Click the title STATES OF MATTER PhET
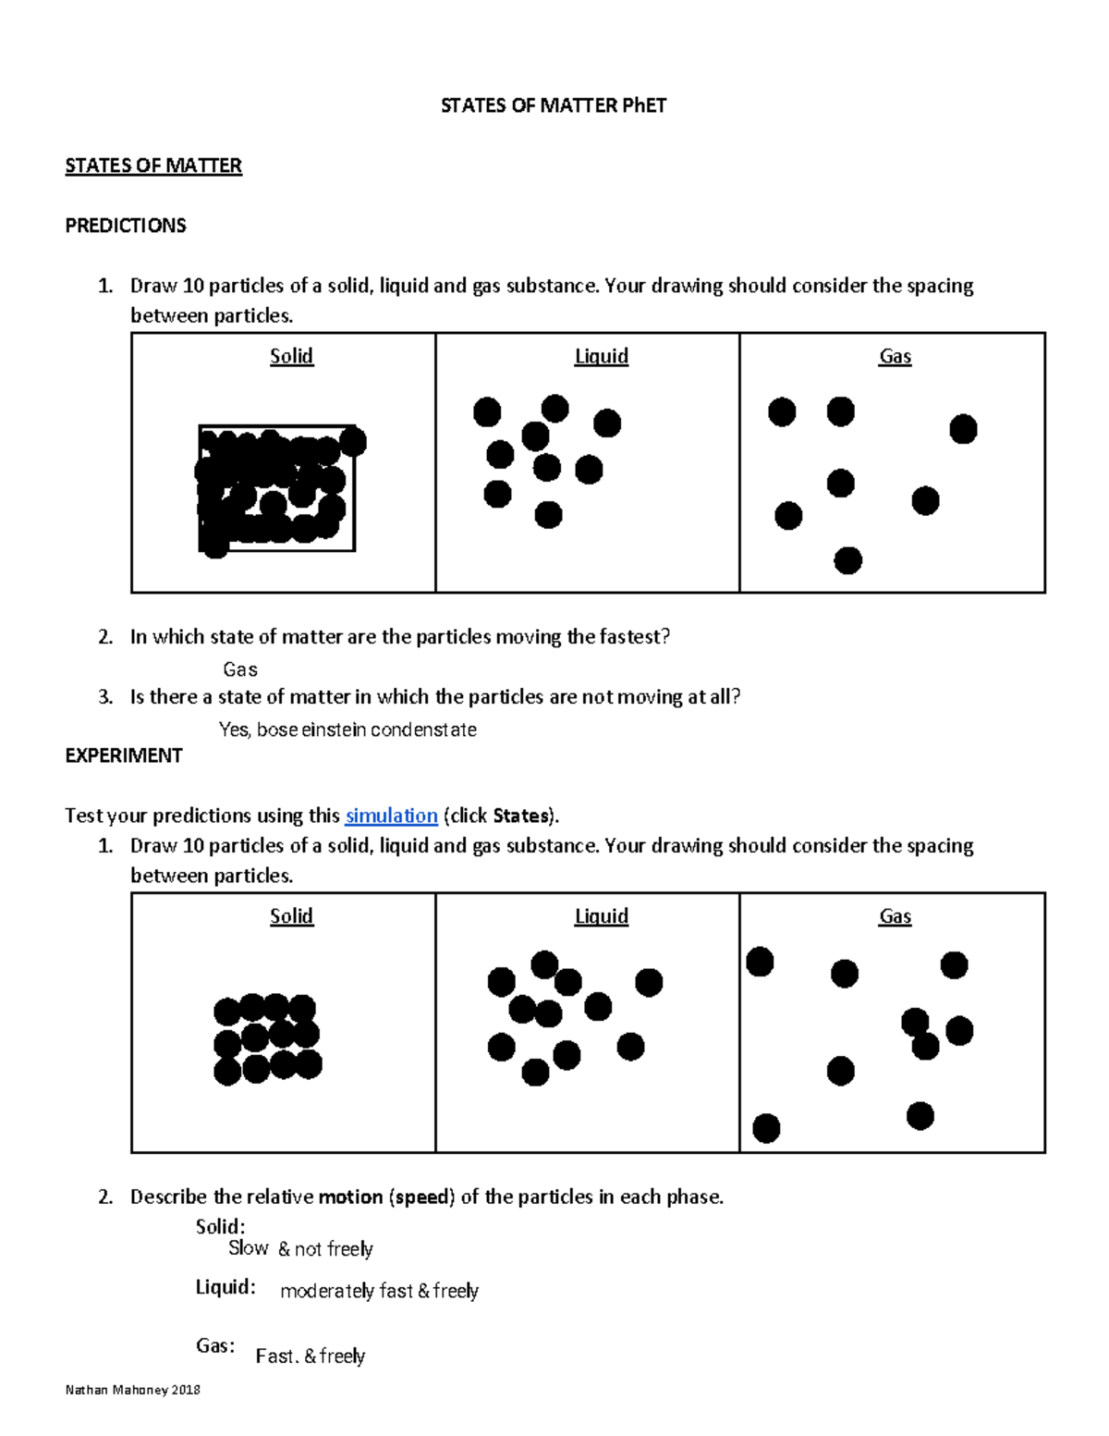tap(553, 105)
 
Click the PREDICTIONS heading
tap(126, 226)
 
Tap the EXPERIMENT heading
tap(124, 755)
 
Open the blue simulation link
tap(391, 816)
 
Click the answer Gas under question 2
tap(240, 669)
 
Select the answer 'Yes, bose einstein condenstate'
tap(347, 730)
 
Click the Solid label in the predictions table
tap(291, 356)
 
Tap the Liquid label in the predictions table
tap(601, 356)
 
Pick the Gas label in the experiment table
tap(895, 916)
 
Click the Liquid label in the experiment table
tap(601, 916)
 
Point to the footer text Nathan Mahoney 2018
tap(133, 1390)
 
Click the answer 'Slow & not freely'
tap(300, 1248)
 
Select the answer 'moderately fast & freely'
tap(379, 1291)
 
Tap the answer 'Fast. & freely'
tap(311, 1356)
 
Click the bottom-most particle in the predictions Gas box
tap(847, 560)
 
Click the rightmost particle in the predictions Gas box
tap(963, 429)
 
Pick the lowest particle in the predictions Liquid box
tap(548, 514)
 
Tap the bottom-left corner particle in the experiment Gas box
tap(766, 1128)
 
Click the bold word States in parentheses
tap(521, 816)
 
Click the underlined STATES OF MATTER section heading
tap(153, 166)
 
